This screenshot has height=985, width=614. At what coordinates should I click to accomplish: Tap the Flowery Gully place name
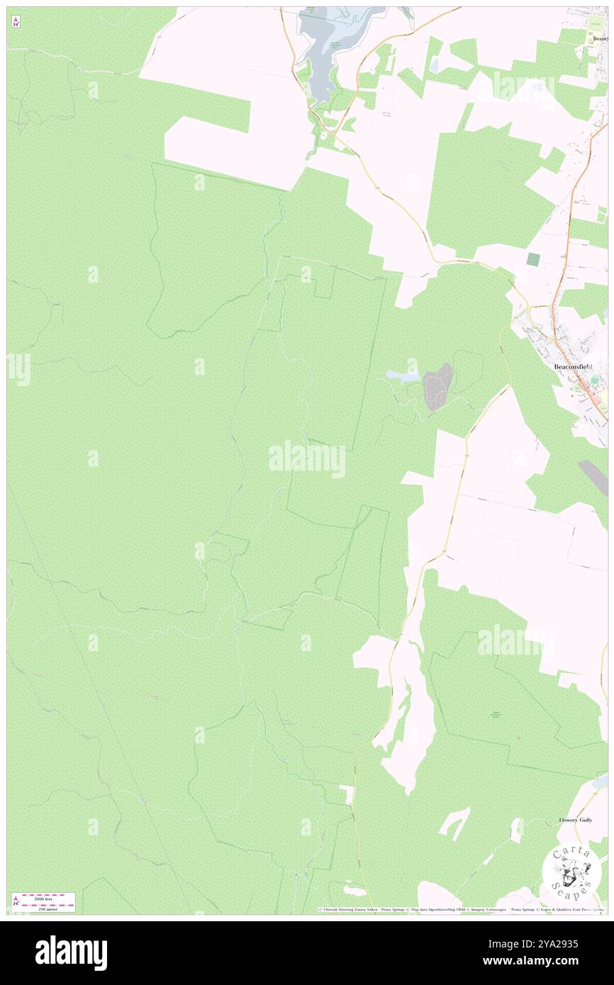point(575,820)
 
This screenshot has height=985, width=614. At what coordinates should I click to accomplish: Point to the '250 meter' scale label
point(47,908)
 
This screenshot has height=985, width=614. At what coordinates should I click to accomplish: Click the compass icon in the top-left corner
point(16,22)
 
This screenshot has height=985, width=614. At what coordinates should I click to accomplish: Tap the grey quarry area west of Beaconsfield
point(437,386)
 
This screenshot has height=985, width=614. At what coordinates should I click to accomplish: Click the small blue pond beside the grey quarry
point(402,376)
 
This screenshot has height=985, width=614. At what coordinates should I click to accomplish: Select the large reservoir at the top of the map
point(319,50)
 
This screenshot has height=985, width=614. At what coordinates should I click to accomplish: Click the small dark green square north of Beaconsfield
point(532,259)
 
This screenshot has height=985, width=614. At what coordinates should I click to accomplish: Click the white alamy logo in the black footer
point(71,952)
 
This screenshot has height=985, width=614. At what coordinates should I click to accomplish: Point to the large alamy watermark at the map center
point(307,460)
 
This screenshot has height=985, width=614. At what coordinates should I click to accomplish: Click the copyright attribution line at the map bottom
point(461,909)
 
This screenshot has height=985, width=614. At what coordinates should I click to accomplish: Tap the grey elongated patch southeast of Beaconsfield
point(593,477)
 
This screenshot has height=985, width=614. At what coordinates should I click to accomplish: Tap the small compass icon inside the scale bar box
point(16,901)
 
